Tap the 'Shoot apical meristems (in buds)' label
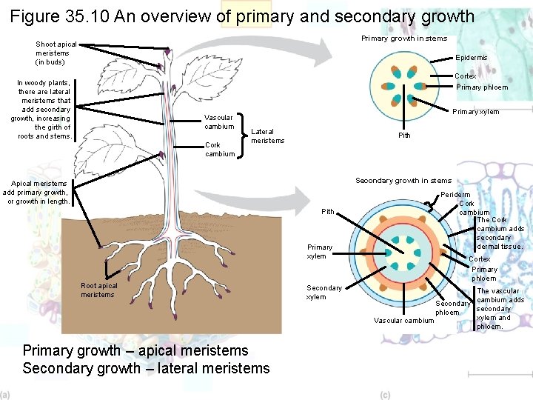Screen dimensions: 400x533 click(56, 53)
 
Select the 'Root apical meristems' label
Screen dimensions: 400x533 click(99, 290)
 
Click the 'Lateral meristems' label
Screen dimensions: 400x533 click(267, 136)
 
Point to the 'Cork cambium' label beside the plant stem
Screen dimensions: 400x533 click(219, 150)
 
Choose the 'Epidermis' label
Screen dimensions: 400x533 click(472, 58)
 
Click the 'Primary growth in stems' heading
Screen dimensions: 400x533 click(403, 39)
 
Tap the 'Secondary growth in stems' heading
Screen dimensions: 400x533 click(403, 181)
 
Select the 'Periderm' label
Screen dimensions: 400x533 click(456, 195)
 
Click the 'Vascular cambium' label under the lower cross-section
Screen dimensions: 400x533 click(403, 321)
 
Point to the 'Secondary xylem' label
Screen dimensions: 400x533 click(324, 293)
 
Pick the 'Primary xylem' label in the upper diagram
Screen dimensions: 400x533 click(475, 113)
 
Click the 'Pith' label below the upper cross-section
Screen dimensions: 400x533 click(404, 136)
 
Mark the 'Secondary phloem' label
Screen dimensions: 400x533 click(453, 308)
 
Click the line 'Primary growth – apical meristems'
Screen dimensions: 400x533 click(135, 350)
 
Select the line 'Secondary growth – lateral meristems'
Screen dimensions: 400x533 click(146, 368)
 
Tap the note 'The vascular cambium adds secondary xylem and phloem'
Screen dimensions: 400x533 click(500, 309)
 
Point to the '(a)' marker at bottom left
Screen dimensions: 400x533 click(5, 395)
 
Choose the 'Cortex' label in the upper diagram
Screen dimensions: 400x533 click(465, 76)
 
